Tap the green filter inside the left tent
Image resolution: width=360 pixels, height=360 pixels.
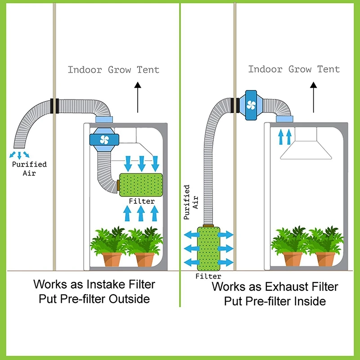pos(140,185)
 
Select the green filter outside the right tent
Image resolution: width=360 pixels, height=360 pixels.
pos(208,248)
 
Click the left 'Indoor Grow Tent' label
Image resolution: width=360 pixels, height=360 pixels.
pos(113,70)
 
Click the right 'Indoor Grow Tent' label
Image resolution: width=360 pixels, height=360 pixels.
pos(294,69)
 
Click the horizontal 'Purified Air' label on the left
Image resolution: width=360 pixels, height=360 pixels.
pos(29,168)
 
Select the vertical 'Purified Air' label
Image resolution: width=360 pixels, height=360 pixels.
pos(189,202)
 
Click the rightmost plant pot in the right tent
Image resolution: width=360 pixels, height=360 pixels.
pos(325,259)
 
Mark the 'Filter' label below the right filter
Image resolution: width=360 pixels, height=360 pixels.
pos(208,276)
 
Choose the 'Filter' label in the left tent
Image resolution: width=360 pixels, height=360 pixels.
pos(141,201)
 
